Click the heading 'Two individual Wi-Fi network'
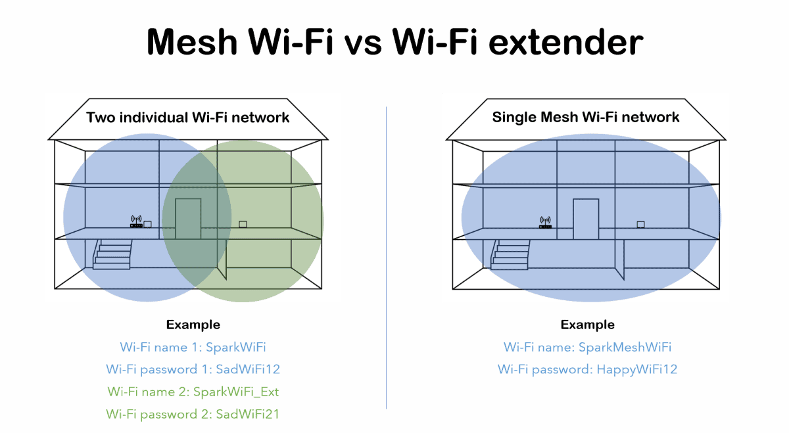(x=188, y=118)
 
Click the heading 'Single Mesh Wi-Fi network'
(x=586, y=118)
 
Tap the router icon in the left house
(x=136, y=222)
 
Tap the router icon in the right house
(x=545, y=223)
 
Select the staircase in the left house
(x=112, y=254)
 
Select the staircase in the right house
(x=510, y=254)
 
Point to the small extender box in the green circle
(x=243, y=225)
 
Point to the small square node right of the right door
(x=640, y=225)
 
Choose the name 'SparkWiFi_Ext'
(x=236, y=392)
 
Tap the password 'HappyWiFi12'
(x=636, y=369)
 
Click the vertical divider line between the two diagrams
(x=387, y=263)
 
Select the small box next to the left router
(x=148, y=224)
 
